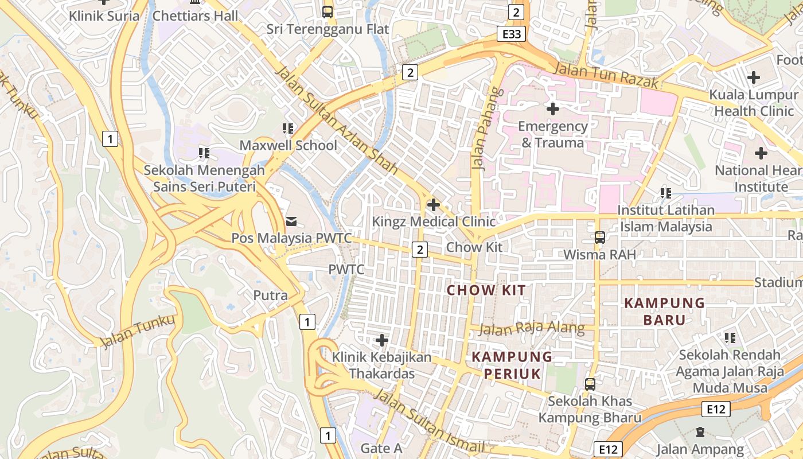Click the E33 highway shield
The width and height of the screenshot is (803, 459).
(x=512, y=34)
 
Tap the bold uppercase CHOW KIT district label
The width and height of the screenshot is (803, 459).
(x=486, y=290)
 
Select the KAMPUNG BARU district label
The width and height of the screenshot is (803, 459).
(x=664, y=311)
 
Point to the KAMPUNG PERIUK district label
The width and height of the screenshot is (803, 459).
(x=512, y=365)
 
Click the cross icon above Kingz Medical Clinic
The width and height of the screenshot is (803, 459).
(x=434, y=204)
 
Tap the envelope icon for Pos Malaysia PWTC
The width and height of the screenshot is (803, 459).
(x=291, y=221)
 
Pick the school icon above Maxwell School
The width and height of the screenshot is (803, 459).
(x=288, y=129)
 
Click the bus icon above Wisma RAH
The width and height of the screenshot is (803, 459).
(x=599, y=237)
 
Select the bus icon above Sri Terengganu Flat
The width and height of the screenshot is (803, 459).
(x=327, y=11)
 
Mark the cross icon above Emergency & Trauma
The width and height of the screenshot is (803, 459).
(x=552, y=108)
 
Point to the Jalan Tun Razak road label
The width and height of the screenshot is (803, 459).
(x=607, y=75)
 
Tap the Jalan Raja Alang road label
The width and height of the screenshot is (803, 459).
(x=531, y=329)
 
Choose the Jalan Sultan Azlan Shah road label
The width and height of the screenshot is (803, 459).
(x=337, y=120)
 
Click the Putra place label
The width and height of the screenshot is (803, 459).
(x=270, y=295)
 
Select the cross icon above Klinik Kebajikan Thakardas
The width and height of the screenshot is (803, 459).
(x=381, y=340)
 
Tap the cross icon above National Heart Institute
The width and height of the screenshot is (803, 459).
(x=761, y=153)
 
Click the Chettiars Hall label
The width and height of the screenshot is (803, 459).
(x=194, y=16)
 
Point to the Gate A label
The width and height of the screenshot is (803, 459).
(x=381, y=448)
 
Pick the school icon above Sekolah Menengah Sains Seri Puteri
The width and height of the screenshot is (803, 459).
(x=204, y=153)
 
